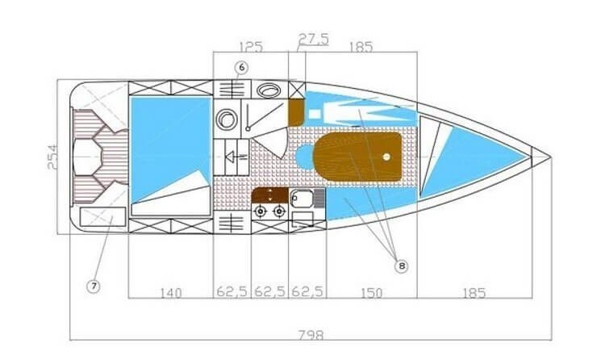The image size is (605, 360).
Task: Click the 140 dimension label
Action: pos(170,291)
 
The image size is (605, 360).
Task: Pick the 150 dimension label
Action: pos(372,291)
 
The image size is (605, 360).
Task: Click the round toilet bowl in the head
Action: pos(227,119)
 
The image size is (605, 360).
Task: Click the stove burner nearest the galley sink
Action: pos(279,211)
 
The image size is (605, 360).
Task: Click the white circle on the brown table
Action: pos(388,157)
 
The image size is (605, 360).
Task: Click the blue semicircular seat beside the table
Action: pos(303,157)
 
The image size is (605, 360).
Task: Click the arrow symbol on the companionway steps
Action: pos(234,157)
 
